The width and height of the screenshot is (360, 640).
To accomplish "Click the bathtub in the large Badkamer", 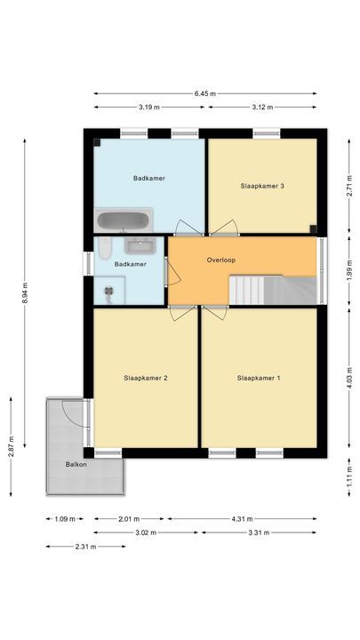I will pyautogui.click(x=124, y=220).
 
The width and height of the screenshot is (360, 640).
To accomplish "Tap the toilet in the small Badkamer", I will pyautogui.click(x=104, y=248).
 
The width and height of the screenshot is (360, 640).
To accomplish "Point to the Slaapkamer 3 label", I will pyautogui.click(x=262, y=186).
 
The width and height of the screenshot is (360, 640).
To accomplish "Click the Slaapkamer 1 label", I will pyautogui.click(x=259, y=378).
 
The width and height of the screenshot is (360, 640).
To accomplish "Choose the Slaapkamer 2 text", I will pyautogui.click(x=146, y=378).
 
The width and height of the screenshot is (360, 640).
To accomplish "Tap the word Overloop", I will pyautogui.click(x=220, y=261).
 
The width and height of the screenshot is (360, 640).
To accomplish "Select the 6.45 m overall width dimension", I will pyautogui.click(x=205, y=93).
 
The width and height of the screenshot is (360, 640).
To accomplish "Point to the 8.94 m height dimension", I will pyautogui.click(x=25, y=292).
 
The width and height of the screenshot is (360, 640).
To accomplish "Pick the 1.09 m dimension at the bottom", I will pyautogui.click(x=63, y=519).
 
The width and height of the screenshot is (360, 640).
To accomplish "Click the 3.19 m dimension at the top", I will pyautogui.click(x=148, y=107).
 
